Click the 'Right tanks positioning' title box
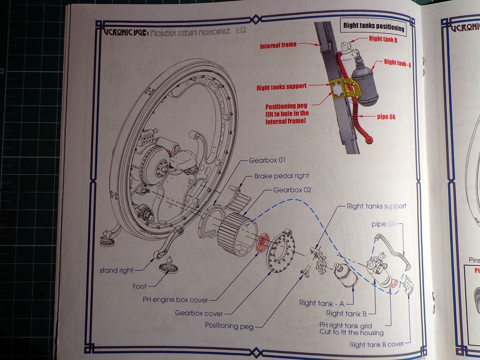(x=374, y=27)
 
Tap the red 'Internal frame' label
(x=278, y=46)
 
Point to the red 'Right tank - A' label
(x=397, y=63)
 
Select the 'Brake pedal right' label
(x=282, y=176)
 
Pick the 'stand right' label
(x=116, y=270)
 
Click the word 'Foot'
(x=140, y=286)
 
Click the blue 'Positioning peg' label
(x=229, y=326)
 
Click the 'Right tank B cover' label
(x=376, y=344)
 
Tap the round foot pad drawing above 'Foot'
(x=168, y=267)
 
